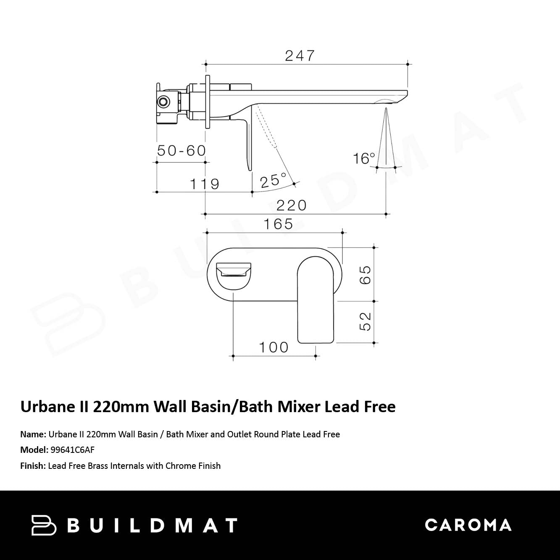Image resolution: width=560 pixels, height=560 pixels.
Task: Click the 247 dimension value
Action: tap(300, 55)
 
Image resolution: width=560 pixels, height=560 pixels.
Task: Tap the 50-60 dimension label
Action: tap(181, 150)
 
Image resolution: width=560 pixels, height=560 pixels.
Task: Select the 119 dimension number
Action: tap(205, 184)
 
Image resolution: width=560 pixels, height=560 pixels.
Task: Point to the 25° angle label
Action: tap(273, 180)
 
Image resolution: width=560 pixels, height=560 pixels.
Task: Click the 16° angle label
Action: tap(364, 158)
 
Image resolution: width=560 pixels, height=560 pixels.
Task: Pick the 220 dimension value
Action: tap(292, 205)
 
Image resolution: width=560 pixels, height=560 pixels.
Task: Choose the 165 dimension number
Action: tap(278, 224)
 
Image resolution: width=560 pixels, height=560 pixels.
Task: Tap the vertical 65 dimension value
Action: tap(365, 275)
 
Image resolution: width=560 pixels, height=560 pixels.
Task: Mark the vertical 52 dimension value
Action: tap(365, 321)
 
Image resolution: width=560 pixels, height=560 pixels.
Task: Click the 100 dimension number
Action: tap(273, 347)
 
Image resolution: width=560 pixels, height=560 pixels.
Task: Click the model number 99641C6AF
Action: tap(72, 450)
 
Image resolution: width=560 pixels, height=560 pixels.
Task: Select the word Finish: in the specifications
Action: tap(33, 466)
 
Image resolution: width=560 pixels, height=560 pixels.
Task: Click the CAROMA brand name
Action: tap(468, 525)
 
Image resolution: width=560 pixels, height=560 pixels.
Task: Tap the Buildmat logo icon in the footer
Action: tap(44, 525)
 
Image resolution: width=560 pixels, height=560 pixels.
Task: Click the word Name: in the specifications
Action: tap(33, 434)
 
